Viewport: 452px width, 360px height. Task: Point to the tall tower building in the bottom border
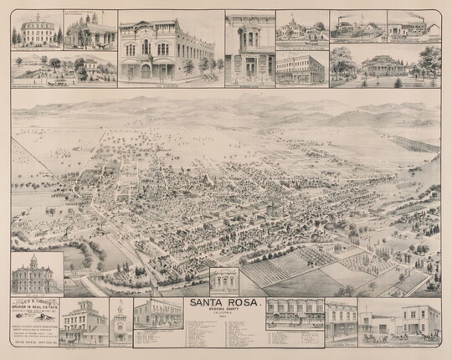pyautogui.click(x=121, y=321)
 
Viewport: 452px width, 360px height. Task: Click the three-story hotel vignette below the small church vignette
pyautogui.click(x=301, y=64)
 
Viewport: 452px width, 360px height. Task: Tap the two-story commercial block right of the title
pyautogui.click(x=294, y=314)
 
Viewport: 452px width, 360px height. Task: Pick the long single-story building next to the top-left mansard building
pyautogui.click(x=91, y=32)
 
